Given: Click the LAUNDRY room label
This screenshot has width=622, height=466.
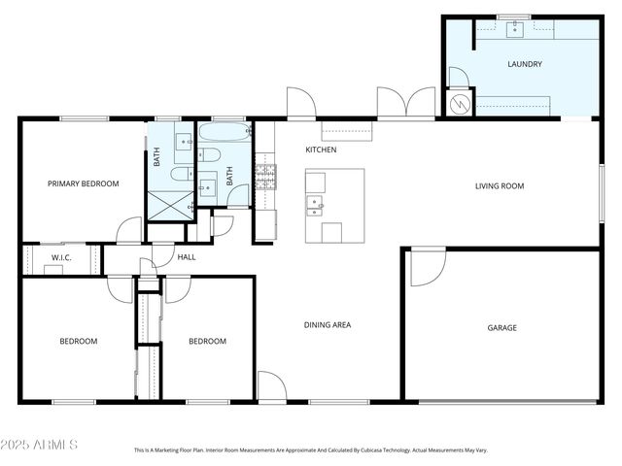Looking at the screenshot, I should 524,64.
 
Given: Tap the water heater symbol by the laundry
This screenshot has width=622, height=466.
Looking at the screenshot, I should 457,102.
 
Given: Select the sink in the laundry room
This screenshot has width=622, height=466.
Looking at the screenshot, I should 514,29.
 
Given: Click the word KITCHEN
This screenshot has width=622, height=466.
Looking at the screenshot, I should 321,150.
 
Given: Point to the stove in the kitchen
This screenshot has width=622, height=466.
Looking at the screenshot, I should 264,176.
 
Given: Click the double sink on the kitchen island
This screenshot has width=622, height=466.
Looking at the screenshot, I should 315,203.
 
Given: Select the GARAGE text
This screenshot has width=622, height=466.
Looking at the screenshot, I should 501,328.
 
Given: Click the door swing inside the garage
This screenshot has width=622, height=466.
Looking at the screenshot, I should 425,266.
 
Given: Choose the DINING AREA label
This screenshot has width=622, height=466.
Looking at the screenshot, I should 328,325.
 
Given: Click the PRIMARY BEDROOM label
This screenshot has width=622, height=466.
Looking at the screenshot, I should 84,183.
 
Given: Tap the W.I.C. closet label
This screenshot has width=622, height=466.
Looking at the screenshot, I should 62,257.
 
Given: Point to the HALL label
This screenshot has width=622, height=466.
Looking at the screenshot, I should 187,257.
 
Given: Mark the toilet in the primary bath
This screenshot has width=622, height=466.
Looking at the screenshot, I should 180,174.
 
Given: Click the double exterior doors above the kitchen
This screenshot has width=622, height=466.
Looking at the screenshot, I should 406,103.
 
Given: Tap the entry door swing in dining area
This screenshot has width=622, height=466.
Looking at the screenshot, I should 271,386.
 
